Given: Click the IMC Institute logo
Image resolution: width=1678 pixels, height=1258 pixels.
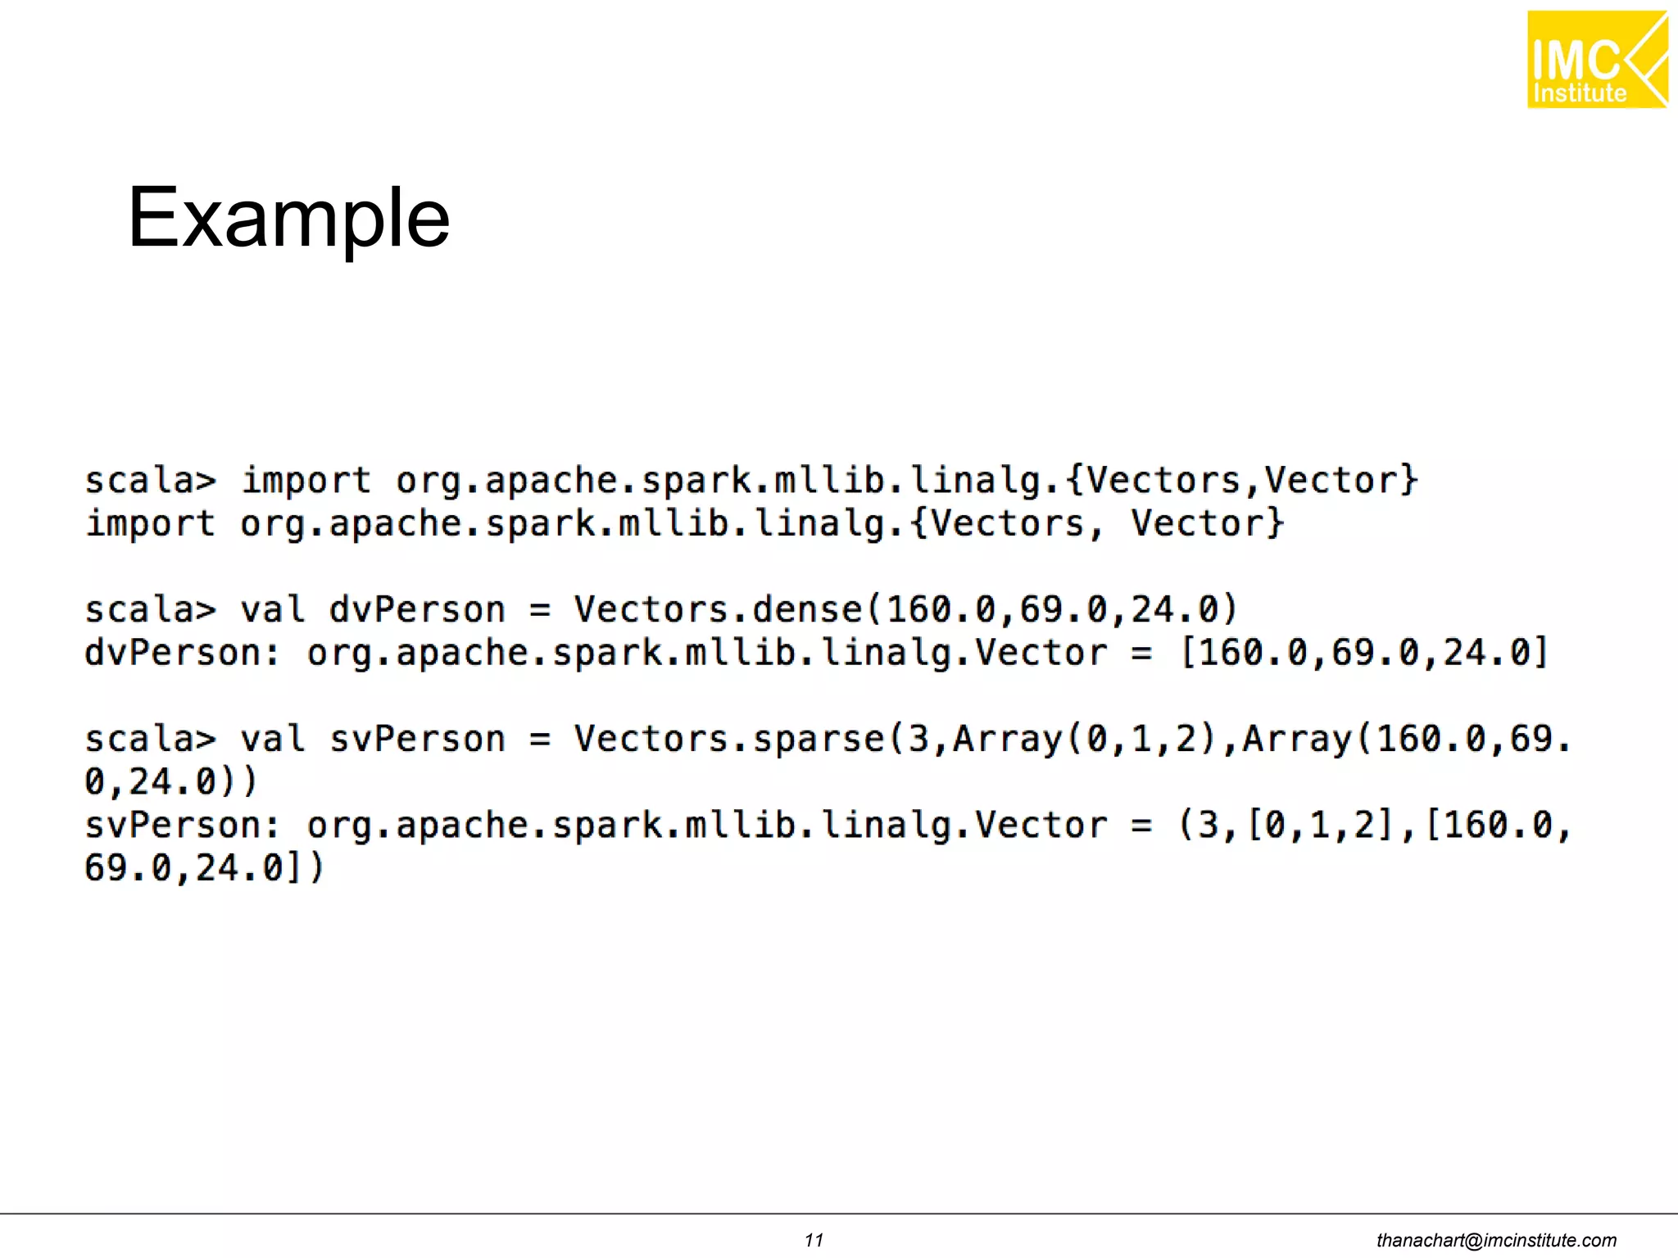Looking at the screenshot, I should pos(1596,60).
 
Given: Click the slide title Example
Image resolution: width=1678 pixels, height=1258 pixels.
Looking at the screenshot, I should pos(288,218).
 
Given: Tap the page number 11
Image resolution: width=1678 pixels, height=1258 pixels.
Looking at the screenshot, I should pos(814,1240).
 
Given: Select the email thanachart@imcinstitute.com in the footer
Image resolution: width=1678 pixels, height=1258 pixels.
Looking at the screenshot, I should pos(1496,1240).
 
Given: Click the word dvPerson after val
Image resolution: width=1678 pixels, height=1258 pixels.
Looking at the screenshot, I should pos(417,610).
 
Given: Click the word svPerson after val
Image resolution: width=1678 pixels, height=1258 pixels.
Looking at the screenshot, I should pos(417,740).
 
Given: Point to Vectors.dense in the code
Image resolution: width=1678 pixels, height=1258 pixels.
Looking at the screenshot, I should pos(718,610).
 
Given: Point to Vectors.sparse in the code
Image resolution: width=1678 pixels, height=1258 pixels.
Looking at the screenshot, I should pos(728,740).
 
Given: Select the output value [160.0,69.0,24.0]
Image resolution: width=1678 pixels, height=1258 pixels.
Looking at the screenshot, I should pos(1363,654).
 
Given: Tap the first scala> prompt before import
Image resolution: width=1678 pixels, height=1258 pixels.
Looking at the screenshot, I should pos(151,481).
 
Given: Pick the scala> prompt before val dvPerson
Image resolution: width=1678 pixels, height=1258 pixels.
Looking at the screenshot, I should pos(151,610).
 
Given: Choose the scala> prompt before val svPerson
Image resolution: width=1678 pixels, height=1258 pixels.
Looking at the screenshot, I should pos(151,740).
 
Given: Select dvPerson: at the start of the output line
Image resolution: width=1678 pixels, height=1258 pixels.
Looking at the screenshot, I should pos(182,654).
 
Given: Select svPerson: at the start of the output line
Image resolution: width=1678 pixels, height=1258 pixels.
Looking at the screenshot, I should pos(182,826).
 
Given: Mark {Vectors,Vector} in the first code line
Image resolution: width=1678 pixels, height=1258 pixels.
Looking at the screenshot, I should pos(1241,481).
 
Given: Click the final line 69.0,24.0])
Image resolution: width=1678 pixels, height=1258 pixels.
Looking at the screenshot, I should pos(204,869).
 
